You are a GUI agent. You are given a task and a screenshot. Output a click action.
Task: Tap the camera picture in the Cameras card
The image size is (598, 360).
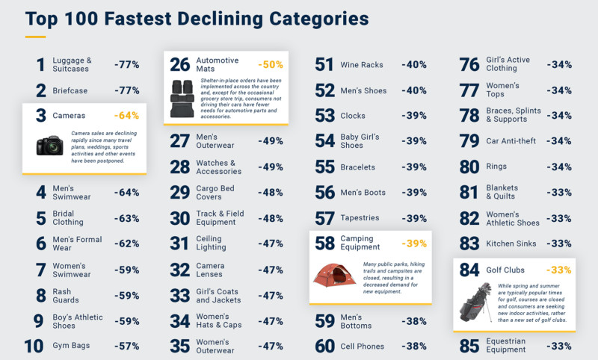(49, 145)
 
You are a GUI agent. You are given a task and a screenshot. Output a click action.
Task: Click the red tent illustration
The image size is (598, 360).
(334, 275)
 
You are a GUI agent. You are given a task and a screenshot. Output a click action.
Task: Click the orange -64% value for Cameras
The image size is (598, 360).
(126, 116)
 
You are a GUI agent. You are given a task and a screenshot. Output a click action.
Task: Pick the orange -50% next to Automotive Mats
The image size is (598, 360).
(270, 65)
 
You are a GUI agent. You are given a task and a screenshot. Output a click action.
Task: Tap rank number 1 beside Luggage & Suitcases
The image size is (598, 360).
(40, 65)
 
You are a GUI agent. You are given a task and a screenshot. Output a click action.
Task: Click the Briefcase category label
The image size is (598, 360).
(71, 91)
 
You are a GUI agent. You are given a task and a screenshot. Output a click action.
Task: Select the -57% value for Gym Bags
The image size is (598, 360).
(126, 346)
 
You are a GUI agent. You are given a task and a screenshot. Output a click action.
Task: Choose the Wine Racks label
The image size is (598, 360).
(362, 65)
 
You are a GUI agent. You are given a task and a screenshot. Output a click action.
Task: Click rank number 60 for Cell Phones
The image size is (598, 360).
(324, 346)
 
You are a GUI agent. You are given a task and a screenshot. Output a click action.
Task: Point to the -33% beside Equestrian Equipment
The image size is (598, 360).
(558, 346)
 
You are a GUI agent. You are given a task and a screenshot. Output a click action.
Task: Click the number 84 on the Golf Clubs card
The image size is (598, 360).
(469, 270)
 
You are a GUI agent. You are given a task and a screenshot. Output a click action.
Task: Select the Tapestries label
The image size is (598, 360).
(360, 218)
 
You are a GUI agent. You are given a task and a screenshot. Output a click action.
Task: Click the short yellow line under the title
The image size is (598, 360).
(35, 36)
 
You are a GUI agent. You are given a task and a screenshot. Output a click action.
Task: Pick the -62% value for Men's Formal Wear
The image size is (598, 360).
(126, 243)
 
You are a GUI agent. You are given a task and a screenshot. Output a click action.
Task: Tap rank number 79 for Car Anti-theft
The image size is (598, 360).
(469, 142)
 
